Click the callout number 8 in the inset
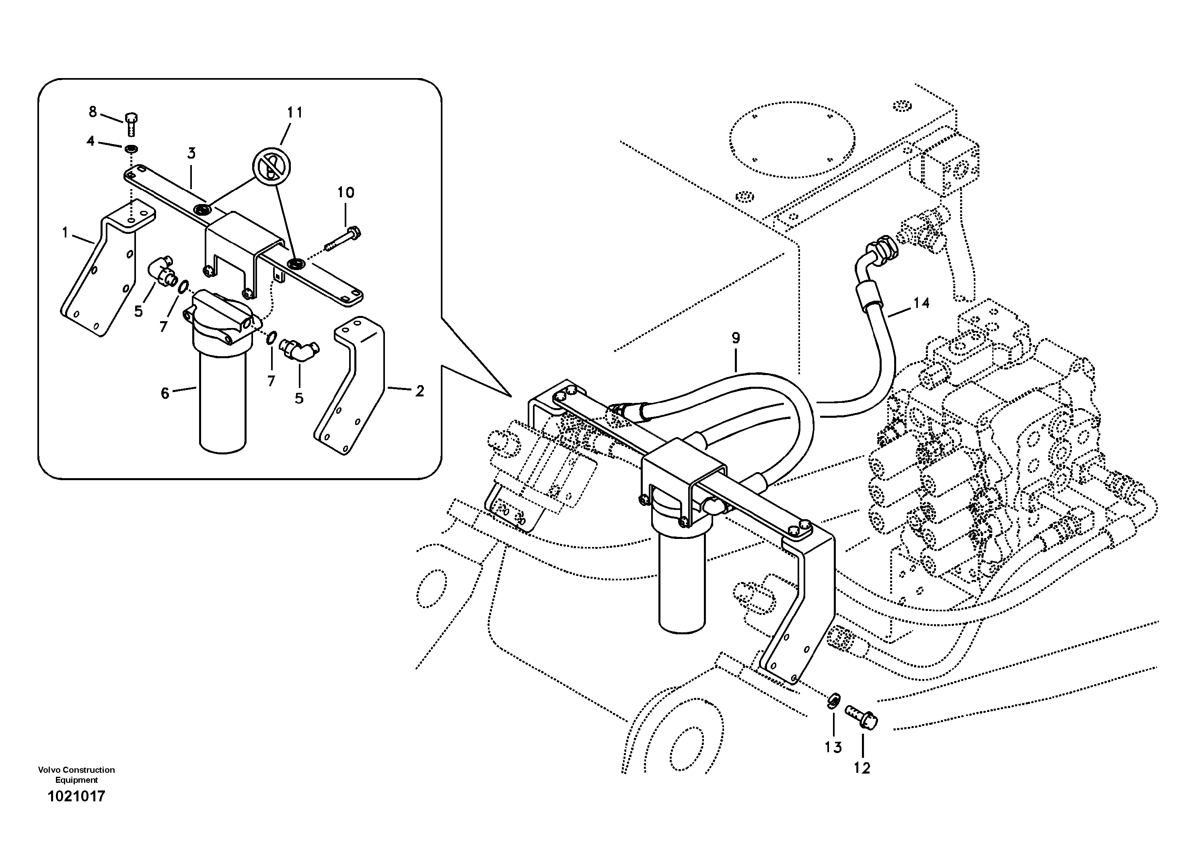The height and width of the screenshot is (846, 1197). (93, 111)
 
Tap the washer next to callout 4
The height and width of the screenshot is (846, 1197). (130, 149)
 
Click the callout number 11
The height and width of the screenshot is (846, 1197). (294, 113)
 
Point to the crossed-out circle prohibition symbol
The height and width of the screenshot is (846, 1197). (271, 166)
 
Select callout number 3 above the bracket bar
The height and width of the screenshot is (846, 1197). (191, 153)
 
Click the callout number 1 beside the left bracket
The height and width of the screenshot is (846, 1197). (65, 233)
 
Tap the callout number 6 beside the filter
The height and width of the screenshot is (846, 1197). (165, 393)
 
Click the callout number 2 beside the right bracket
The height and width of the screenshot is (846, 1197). (420, 391)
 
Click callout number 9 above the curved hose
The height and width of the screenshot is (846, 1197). (736, 338)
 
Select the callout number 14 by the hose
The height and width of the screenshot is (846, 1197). (921, 303)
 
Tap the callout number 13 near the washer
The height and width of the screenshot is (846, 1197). (833, 747)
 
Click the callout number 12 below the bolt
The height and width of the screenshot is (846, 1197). (862, 768)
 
